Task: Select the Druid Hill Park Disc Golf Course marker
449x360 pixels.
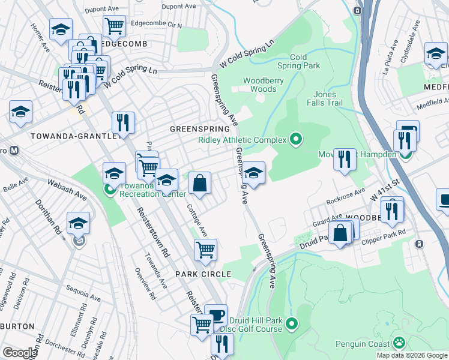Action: coord(292,324)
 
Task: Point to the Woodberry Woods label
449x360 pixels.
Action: coord(259,85)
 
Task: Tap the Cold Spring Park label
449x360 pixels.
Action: coord(305,61)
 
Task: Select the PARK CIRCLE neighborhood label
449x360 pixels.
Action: coord(203,274)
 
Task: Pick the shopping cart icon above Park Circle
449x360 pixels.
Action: coord(205,249)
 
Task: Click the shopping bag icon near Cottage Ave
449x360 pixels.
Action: coord(199,182)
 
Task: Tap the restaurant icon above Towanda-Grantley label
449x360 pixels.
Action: coord(123,122)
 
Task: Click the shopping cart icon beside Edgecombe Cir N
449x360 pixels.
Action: coord(114,26)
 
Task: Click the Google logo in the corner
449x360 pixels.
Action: coord(20,352)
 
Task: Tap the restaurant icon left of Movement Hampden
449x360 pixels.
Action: coord(345,159)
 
